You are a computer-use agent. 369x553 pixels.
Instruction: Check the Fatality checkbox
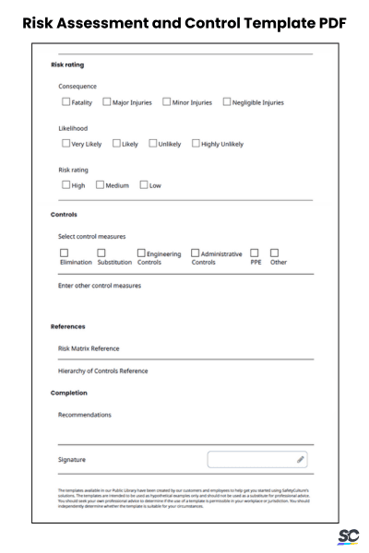(x=65, y=102)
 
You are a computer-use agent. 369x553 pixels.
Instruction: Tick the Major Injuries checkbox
(x=107, y=102)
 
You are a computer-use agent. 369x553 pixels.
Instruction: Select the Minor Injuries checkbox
(x=166, y=102)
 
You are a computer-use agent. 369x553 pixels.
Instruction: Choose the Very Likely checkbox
(x=65, y=144)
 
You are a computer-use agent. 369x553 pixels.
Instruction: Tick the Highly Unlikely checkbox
(x=196, y=144)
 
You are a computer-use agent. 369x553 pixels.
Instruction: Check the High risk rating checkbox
(x=65, y=185)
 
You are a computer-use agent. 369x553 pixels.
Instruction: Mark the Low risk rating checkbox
(x=143, y=185)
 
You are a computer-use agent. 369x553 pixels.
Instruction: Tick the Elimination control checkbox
(x=65, y=253)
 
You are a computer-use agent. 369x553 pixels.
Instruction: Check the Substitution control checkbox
(x=101, y=253)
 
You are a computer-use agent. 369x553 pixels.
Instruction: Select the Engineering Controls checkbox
(x=141, y=253)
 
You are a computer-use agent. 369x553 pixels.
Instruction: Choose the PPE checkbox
(x=255, y=253)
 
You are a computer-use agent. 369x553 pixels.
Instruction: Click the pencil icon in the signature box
(x=301, y=458)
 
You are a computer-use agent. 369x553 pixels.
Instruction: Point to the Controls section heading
(x=65, y=216)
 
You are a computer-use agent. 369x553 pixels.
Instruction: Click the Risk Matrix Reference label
(x=89, y=348)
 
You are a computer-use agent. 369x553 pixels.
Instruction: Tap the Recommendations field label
(x=85, y=415)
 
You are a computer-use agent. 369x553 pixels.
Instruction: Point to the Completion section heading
(x=69, y=393)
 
